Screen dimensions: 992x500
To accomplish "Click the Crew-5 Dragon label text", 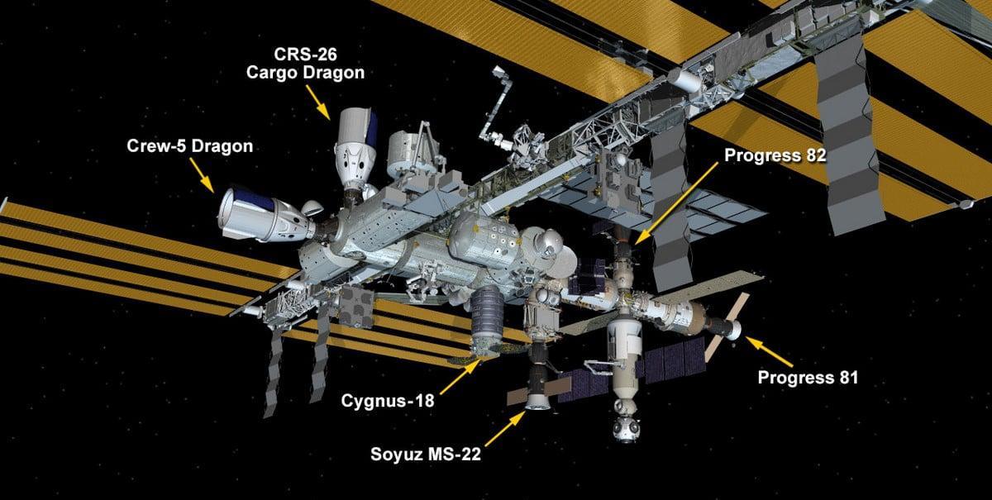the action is (x=189, y=147).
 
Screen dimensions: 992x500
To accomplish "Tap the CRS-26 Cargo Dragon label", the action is (x=306, y=65).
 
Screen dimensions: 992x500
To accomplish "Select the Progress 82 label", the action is (x=775, y=156).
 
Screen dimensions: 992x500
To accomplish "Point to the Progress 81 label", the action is (x=808, y=378).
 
